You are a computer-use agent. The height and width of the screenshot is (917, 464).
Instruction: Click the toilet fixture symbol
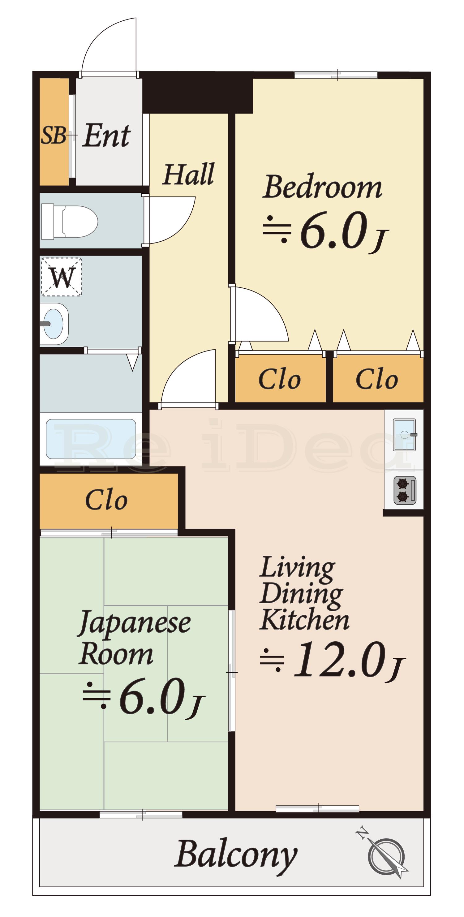click(69, 222)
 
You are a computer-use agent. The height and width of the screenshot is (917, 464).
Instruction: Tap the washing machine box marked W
click(62, 277)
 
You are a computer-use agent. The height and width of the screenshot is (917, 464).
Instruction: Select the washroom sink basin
click(54, 324)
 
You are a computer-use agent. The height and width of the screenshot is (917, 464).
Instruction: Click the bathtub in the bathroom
click(91, 439)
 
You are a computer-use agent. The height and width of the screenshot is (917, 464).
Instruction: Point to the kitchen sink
click(405, 435)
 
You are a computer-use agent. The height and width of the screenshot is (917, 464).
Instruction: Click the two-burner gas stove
click(405, 490)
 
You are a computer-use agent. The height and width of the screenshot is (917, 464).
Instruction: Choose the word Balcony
click(236, 855)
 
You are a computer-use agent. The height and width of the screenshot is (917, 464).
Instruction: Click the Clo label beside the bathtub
click(106, 500)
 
